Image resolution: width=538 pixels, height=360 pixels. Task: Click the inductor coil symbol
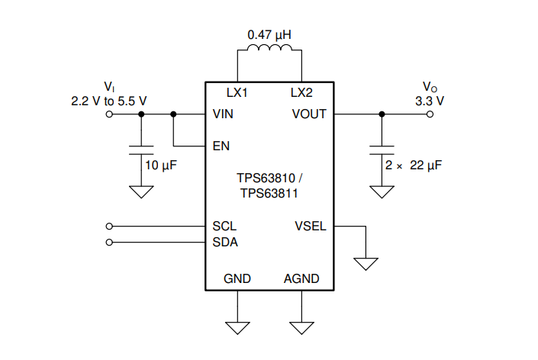[269, 47]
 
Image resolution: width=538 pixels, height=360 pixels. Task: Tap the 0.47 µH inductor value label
[269, 34]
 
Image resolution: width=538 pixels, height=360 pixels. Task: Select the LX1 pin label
[237, 92]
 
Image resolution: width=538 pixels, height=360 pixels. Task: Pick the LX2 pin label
[301, 92]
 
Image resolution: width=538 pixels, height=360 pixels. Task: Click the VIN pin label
[223, 114]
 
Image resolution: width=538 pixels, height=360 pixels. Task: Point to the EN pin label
[221, 146]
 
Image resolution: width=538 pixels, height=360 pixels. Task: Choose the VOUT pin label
[309, 114]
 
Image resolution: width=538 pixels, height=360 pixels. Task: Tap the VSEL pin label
[311, 227]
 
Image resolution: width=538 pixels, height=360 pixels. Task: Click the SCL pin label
[224, 227]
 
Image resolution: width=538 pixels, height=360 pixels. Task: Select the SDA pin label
[225, 243]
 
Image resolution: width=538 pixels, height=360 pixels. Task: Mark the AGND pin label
[301, 278]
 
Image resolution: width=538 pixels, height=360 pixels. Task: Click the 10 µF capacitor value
[161, 166]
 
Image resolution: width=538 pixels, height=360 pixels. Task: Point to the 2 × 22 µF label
[414, 166]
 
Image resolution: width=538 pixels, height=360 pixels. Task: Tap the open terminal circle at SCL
[109, 227]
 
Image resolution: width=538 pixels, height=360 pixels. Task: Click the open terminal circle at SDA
[109, 243]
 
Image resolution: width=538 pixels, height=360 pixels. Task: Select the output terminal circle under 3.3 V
[430, 114]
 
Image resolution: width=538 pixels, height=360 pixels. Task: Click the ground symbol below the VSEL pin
[366, 264]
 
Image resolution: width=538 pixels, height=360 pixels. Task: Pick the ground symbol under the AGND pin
[301, 328]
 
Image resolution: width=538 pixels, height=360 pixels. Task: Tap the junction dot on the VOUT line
[382, 114]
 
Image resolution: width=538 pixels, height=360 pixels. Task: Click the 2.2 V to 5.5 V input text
[109, 101]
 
